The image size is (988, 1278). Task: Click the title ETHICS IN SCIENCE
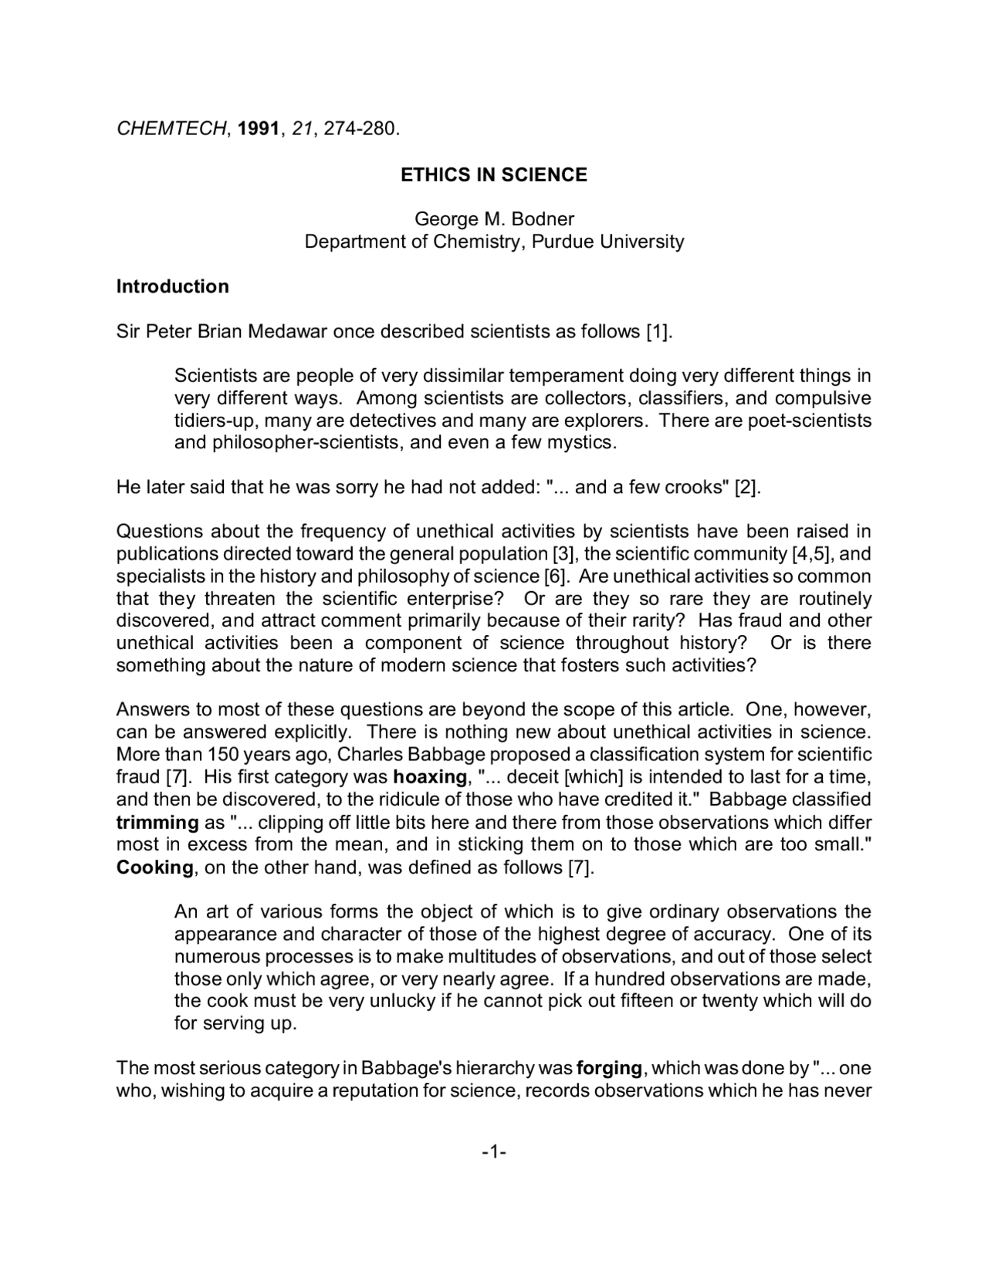point(494,175)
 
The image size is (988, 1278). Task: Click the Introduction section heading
point(172,286)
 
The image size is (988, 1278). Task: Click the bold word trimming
point(157,822)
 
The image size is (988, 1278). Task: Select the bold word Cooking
point(154,867)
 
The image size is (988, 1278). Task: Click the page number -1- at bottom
point(494,1152)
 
